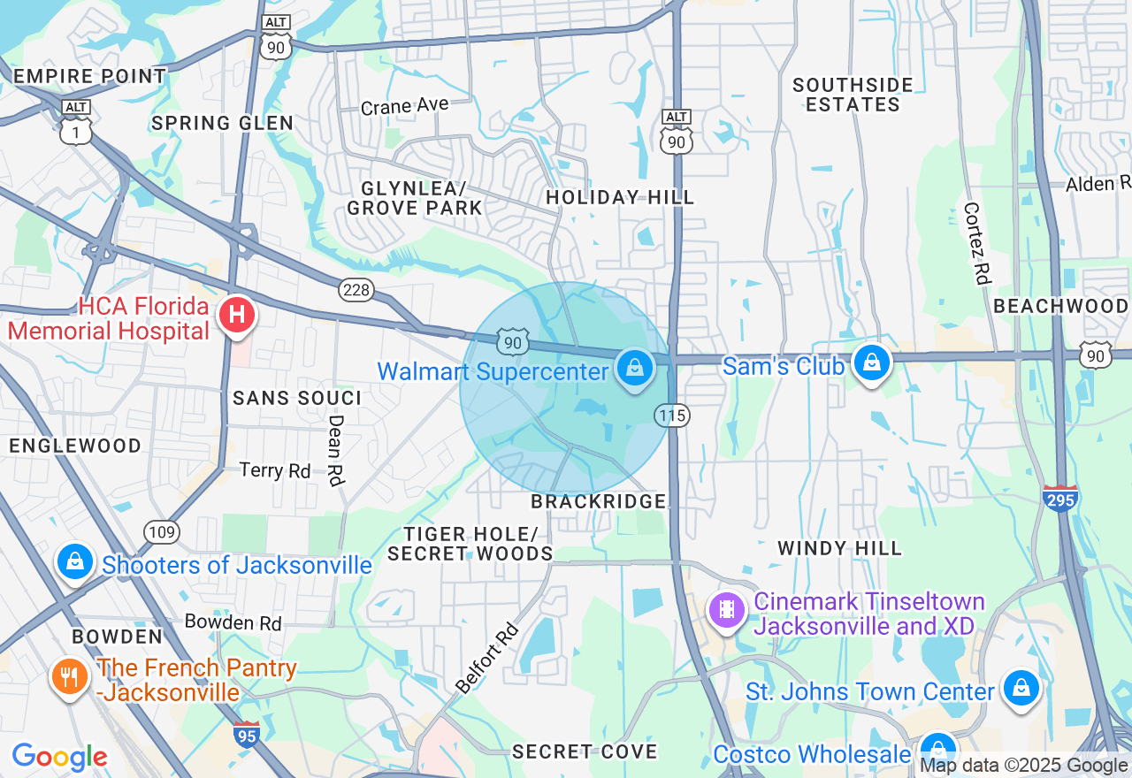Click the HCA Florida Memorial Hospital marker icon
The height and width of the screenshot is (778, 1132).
click(x=236, y=315)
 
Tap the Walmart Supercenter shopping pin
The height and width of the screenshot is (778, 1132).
click(x=634, y=367)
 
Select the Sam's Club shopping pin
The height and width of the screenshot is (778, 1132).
click(x=872, y=362)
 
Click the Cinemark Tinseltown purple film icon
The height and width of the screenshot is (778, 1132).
click(x=727, y=609)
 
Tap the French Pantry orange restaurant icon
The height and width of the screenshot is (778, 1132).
click(x=68, y=676)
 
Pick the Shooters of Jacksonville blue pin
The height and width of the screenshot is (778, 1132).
click(x=75, y=561)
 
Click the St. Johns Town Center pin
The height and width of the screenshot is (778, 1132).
click(x=1021, y=689)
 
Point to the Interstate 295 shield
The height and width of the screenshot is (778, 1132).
click(x=1060, y=499)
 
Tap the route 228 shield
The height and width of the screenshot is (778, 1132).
click(x=356, y=289)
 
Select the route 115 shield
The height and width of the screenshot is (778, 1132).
click(x=672, y=415)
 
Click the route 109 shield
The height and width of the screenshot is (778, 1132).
click(x=163, y=531)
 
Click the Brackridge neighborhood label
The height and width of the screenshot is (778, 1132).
click(x=599, y=501)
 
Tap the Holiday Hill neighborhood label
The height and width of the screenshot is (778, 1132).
click(x=620, y=197)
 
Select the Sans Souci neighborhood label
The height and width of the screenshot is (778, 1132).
click(x=297, y=398)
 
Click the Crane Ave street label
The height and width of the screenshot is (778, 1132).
click(x=404, y=106)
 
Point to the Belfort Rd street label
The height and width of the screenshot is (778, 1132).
click(x=486, y=657)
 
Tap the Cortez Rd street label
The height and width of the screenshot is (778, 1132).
click(x=975, y=248)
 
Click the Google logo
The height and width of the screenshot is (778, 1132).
click(x=59, y=757)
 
